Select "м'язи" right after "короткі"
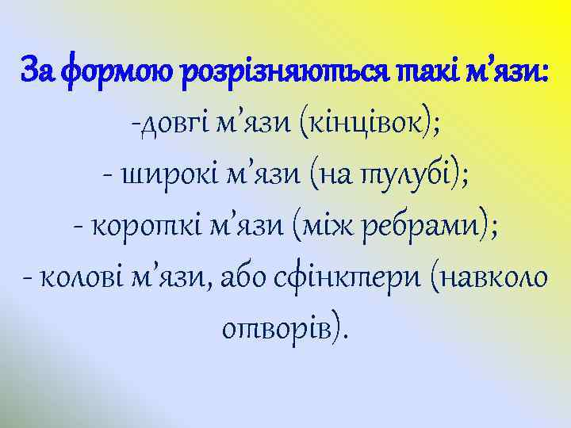[243, 229]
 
